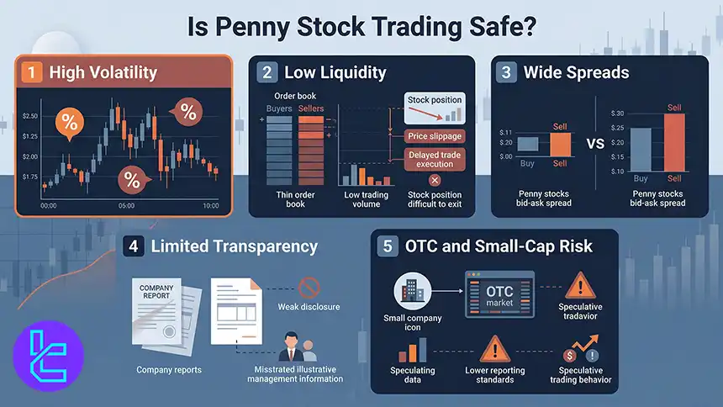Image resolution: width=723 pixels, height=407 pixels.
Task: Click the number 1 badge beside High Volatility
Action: click(32, 72)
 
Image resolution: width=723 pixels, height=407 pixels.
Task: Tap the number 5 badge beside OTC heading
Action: click(387, 246)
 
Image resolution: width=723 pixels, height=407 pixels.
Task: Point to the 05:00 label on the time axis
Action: click(126, 205)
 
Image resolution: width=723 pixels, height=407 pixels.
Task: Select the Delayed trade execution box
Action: click(435, 159)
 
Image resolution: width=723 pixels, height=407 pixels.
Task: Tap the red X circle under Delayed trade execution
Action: click(435, 180)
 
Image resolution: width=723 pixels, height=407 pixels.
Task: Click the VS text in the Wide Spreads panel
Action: click(595, 144)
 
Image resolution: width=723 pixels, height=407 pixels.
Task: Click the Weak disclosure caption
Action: click(309, 307)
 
